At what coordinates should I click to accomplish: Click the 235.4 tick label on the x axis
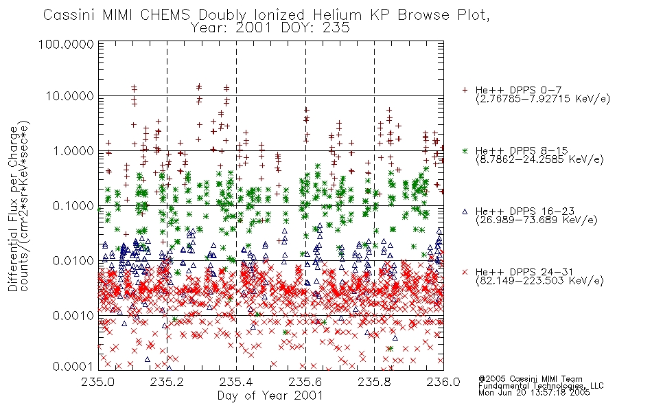[x=237, y=382]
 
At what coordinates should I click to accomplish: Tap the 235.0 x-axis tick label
[x=98, y=382]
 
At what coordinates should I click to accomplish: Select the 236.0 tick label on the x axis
[x=443, y=382]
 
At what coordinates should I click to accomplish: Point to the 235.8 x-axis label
[x=375, y=382]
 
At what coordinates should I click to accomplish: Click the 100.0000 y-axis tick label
[x=66, y=44]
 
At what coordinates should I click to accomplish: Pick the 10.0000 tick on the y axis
[x=70, y=96]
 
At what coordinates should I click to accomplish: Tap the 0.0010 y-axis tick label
[x=73, y=316]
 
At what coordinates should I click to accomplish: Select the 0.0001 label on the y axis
[x=73, y=367]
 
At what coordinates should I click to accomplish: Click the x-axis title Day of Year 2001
[x=270, y=396]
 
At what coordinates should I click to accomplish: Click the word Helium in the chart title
[x=337, y=15]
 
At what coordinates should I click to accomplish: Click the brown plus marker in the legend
[x=465, y=90]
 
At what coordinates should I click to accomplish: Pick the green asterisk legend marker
[x=465, y=150]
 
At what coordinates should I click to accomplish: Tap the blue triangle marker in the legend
[x=465, y=211]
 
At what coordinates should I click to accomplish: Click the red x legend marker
[x=465, y=272]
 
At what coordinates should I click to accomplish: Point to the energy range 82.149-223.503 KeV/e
[x=539, y=281]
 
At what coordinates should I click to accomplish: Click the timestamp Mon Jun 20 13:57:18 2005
[x=534, y=393]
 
